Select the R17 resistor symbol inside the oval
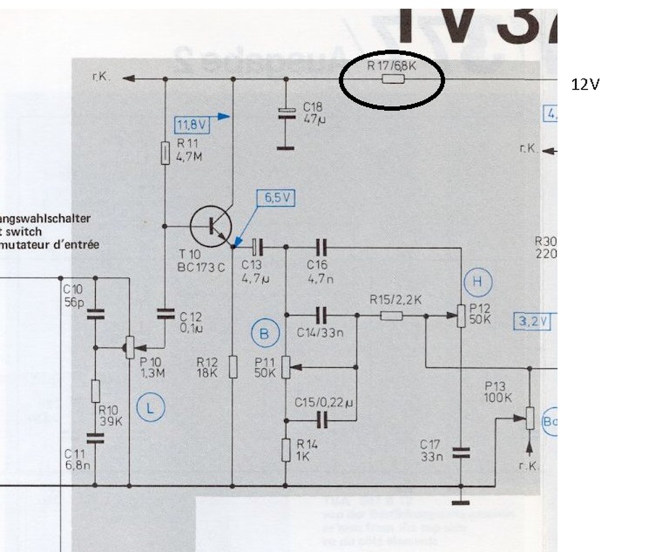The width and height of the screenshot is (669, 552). tap(393, 79)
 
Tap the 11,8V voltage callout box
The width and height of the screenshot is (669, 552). tap(192, 126)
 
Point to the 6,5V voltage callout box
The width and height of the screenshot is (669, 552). tap(277, 198)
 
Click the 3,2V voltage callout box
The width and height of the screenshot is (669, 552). tap(532, 321)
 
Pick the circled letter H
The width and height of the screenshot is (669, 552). tap(477, 281)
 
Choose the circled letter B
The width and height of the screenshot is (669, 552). tap(264, 334)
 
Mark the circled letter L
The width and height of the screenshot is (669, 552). tap(150, 408)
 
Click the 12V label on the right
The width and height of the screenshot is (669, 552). tap(585, 84)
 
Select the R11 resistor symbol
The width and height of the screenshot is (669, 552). tap(165, 153)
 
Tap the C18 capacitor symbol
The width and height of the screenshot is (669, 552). tap(286, 112)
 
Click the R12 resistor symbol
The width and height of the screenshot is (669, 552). tap(233, 367)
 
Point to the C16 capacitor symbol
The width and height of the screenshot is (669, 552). tap(321, 247)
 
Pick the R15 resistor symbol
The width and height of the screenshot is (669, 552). tap(392, 315)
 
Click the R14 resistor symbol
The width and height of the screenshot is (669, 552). tap(286, 450)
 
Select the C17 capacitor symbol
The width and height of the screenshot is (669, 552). tap(461, 453)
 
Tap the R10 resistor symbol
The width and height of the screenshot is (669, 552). tap(95, 390)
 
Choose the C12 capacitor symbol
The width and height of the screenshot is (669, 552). tap(165, 313)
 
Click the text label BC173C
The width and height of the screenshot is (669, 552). tap(201, 267)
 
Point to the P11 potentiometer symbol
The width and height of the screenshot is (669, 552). tap(286, 367)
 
